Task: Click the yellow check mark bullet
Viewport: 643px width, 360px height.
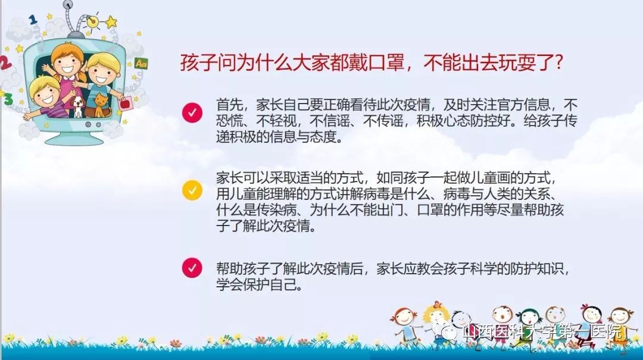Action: (192, 190)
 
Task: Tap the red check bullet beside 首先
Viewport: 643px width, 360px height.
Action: (192, 112)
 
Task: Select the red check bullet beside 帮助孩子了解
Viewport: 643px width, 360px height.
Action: (192, 268)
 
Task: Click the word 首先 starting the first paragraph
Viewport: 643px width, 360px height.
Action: (229, 105)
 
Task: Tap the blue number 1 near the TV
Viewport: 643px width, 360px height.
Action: (33, 18)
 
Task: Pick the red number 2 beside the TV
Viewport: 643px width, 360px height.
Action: (5, 63)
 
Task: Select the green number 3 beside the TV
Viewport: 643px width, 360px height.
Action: (8, 99)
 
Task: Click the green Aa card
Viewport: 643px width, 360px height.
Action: (141, 64)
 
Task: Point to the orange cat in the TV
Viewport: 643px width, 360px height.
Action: (102, 105)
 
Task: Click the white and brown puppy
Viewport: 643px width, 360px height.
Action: (78, 106)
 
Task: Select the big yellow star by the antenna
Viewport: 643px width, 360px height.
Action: (111, 22)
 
